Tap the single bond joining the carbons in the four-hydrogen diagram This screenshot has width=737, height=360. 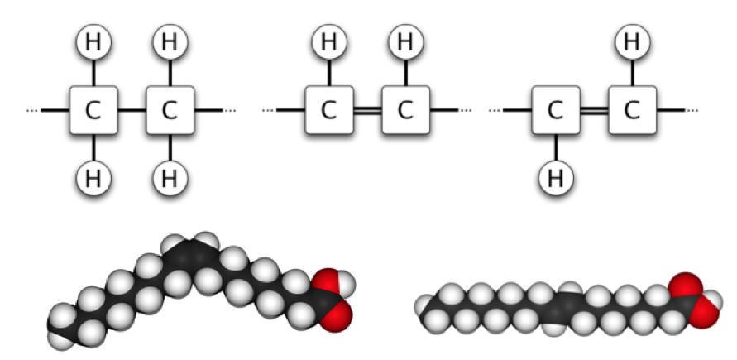132,110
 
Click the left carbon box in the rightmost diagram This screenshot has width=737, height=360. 556,110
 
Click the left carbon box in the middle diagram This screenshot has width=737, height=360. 328,110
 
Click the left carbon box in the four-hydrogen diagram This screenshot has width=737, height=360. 93,110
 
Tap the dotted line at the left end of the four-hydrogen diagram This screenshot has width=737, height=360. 33,110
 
